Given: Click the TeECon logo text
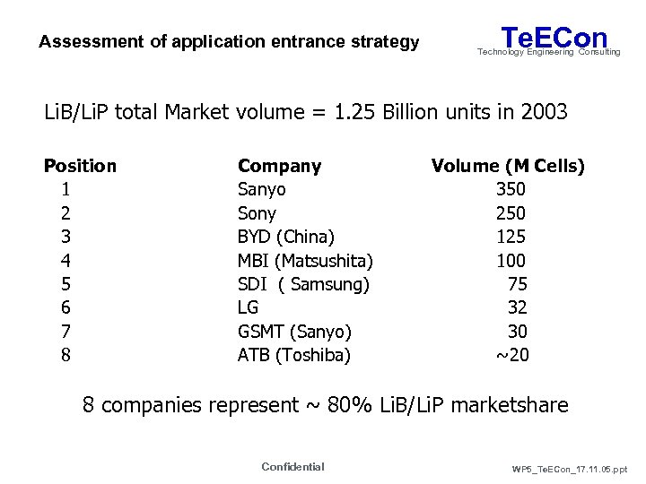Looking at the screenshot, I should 554,38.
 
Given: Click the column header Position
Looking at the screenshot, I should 80,166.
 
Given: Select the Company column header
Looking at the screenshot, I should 279,166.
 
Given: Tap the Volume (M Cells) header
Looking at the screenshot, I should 508,166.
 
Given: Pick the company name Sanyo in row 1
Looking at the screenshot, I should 261,189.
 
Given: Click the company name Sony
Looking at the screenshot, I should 257,213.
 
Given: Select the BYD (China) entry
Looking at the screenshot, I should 285,237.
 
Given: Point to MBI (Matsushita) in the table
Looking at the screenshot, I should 305,261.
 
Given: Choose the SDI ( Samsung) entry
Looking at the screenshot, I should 303,284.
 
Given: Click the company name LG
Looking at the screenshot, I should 248,308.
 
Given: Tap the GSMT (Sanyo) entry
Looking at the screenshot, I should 294,332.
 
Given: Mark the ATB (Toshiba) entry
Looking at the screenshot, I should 294,355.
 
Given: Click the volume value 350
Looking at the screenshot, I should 511,189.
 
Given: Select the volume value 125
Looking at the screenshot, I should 511,237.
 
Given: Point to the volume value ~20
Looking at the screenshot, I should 512,355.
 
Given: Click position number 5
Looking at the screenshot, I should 65,284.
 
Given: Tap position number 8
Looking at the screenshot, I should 65,355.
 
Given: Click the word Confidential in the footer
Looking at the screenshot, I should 292,466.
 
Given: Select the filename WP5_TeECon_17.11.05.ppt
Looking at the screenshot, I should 571,469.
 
